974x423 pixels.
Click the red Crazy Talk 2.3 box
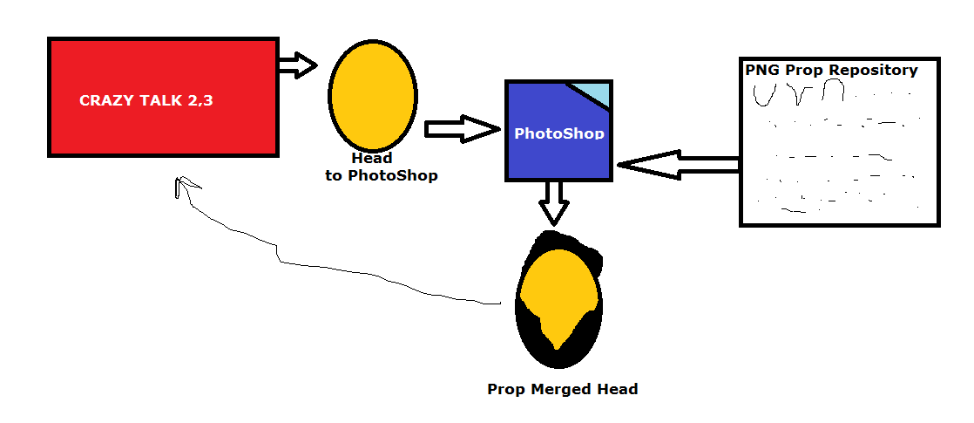(x=163, y=131)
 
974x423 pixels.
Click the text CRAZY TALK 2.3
(x=146, y=100)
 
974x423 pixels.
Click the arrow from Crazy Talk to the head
(x=298, y=65)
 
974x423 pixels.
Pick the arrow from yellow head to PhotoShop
(x=459, y=129)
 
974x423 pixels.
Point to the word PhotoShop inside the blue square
(x=558, y=133)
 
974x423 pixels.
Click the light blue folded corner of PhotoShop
(x=592, y=92)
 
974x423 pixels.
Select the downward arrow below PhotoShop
(x=553, y=202)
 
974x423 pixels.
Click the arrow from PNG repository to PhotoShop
(x=677, y=164)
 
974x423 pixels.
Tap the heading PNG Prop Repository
(x=831, y=70)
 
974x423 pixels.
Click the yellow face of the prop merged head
(x=558, y=288)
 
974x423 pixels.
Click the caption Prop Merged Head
(x=562, y=389)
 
